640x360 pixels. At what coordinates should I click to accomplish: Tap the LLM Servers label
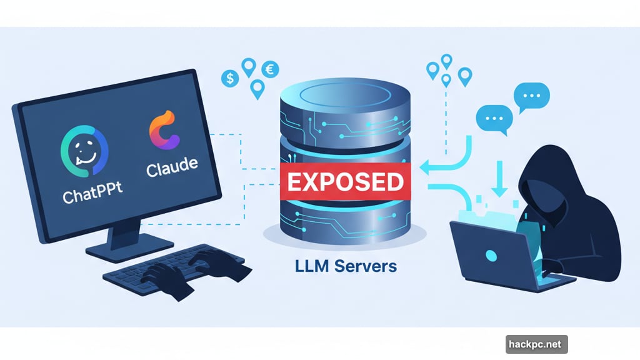pos(346,267)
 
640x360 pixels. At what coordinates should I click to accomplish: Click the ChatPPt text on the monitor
pos(92,195)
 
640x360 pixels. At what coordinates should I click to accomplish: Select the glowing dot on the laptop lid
pos(491,256)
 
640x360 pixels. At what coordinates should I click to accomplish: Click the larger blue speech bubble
pos(531,97)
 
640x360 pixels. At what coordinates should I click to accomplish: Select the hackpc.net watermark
pos(536,343)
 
